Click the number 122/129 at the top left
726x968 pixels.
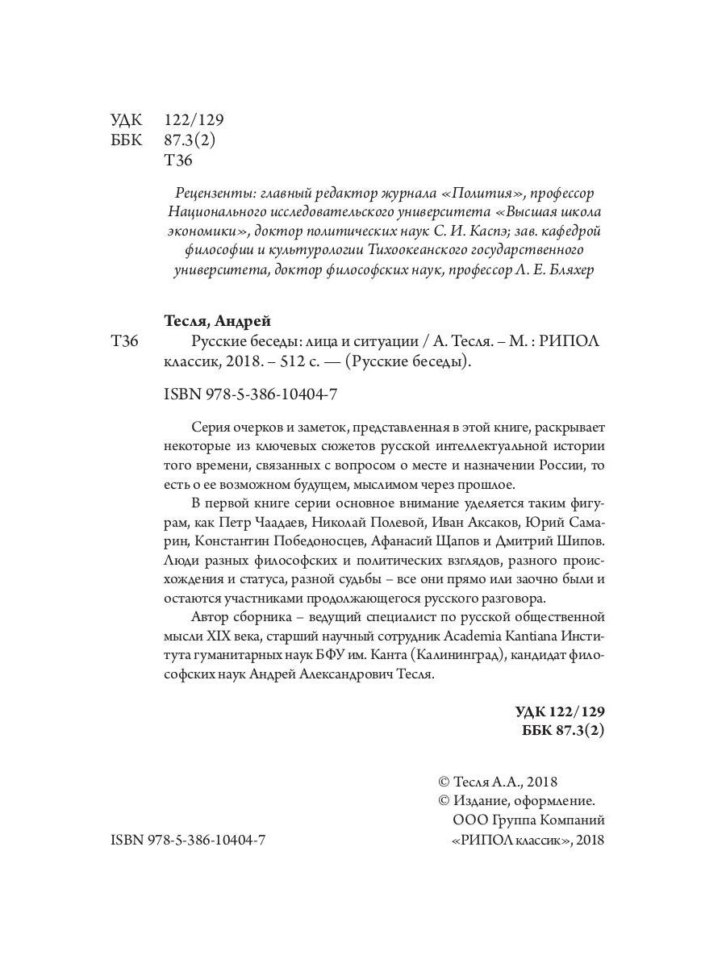(x=193, y=119)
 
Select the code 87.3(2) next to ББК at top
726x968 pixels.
(x=190, y=140)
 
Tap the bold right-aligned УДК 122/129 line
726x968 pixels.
(x=559, y=712)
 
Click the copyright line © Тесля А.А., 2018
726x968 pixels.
(x=498, y=782)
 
